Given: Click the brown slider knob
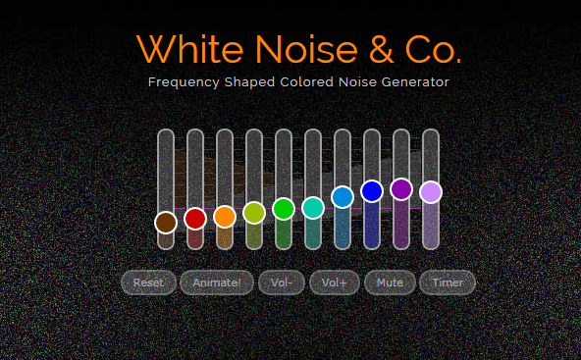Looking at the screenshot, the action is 166,223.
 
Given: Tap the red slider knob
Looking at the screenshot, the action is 195,219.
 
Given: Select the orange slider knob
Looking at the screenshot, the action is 225,217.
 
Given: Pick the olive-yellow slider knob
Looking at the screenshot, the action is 254,213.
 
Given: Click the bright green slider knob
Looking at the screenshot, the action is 284,209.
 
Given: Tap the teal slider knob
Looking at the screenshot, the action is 313,208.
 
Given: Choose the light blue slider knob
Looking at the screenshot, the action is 343,197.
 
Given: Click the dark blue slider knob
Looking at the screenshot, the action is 372,191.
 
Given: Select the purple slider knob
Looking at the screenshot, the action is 401,189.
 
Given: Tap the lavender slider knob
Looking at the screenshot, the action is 431,192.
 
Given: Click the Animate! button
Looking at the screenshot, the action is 217,283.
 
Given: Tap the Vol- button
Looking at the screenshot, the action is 282,283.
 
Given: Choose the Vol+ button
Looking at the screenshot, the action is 335,283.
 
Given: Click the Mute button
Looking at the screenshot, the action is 390,283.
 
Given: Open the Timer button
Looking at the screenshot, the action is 448,283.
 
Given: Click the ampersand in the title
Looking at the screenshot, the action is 381,49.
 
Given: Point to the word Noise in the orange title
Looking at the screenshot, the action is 306,49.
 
